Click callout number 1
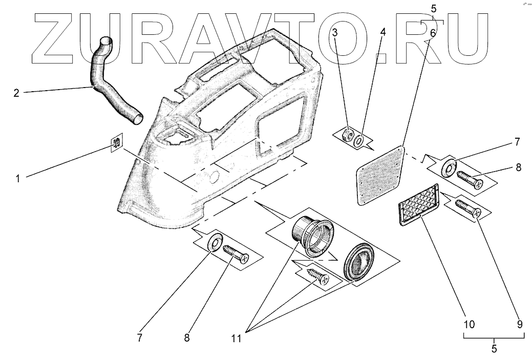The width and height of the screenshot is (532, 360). tap(18, 179)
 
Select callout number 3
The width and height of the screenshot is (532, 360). tap(335, 33)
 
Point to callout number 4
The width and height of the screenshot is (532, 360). tap(382, 32)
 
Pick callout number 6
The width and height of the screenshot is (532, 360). tap(433, 33)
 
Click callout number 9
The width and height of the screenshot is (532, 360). tap(520, 324)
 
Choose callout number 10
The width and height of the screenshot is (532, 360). tap(470, 324)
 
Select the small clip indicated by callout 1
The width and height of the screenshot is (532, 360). tap(117, 143)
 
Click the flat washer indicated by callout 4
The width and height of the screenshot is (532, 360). tap(360, 139)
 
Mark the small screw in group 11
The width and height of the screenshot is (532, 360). tap(317, 276)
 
